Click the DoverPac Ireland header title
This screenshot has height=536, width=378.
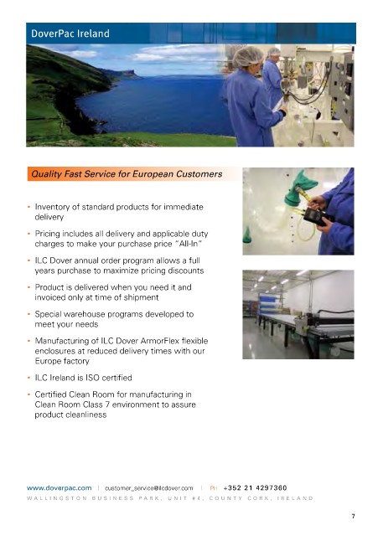(70, 33)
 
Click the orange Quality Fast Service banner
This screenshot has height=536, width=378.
(134, 174)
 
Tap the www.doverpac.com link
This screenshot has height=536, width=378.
(60, 487)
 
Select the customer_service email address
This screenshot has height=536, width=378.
(149, 488)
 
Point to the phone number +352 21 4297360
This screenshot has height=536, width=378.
(255, 487)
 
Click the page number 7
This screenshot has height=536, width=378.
(353, 516)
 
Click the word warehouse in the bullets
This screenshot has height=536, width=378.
(85, 314)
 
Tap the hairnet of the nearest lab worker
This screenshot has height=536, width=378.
(247, 57)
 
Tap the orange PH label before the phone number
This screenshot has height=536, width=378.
(214, 488)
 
